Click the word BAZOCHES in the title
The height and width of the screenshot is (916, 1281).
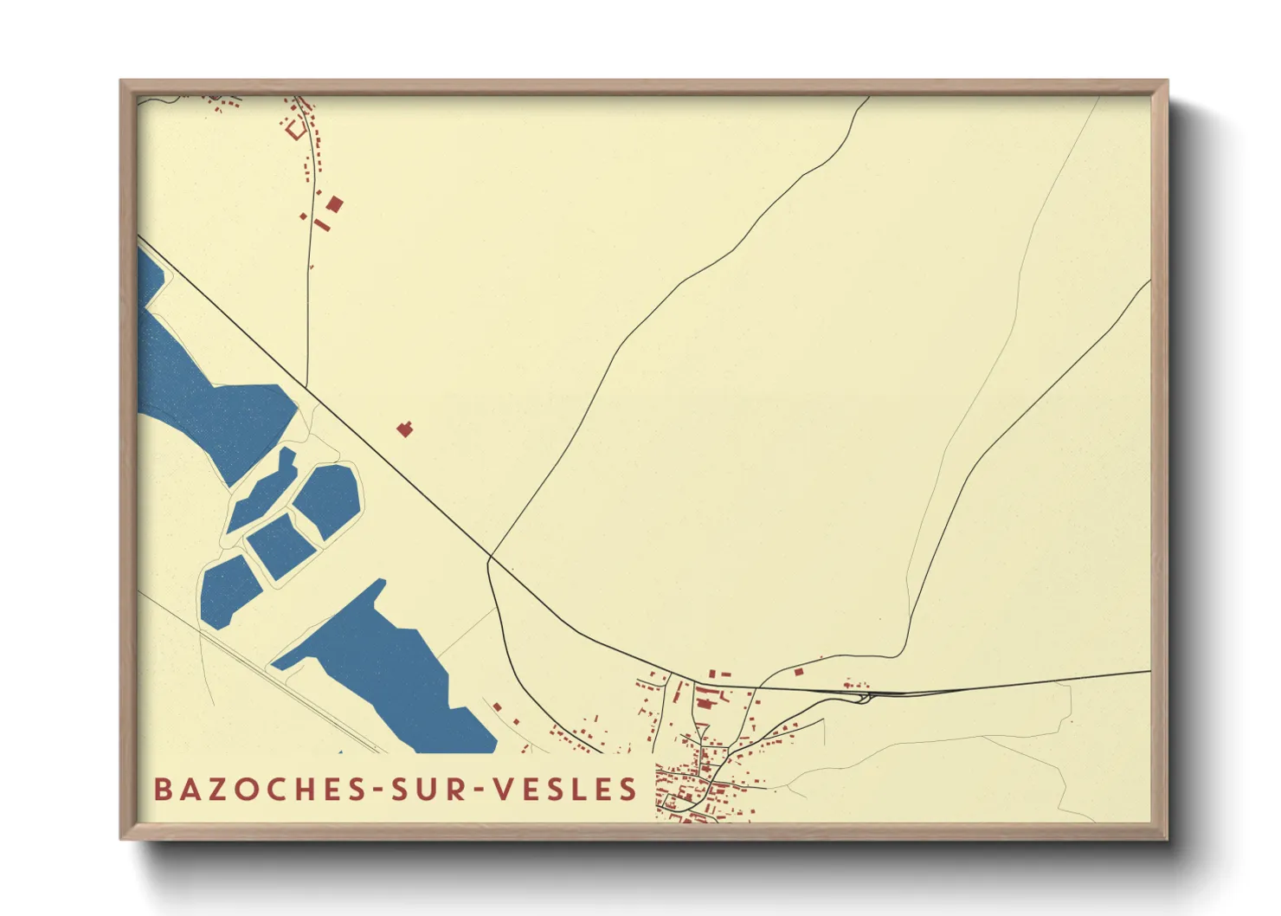click(255, 790)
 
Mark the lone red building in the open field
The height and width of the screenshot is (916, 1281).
click(404, 429)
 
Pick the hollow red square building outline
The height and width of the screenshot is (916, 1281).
click(296, 130)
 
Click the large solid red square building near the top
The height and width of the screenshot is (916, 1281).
click(335, 204)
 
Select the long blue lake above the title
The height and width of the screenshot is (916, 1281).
click(389, 675)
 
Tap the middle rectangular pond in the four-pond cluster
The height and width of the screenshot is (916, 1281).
click(280, 545)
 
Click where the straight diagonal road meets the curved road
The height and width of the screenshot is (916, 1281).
click(490, 557)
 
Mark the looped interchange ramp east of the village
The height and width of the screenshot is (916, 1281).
click(863, 696)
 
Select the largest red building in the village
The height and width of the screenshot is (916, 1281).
click(705, 695)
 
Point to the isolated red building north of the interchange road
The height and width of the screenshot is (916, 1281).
click(799, 671)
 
